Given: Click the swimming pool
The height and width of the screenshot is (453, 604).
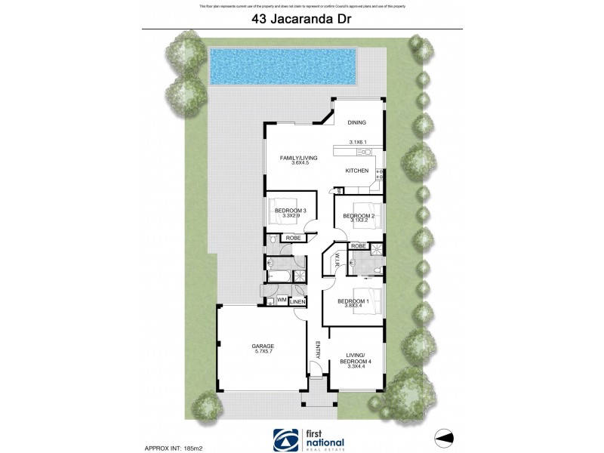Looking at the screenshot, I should coord(282,67).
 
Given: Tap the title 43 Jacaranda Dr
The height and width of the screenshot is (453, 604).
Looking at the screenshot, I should coord(301,21).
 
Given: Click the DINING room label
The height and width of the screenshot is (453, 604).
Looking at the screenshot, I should coord(356,123).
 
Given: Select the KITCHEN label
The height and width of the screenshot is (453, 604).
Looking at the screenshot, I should coord(356,171).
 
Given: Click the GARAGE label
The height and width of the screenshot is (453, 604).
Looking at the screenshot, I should coord(263,347).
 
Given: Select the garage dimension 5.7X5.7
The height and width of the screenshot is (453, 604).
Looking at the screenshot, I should coord(263,353).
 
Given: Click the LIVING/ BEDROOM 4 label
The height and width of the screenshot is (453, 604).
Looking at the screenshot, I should coord(356,359).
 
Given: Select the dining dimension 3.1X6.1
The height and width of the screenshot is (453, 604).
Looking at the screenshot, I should coord(358,143).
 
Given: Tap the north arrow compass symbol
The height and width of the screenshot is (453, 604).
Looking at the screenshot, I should coord(446,436).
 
